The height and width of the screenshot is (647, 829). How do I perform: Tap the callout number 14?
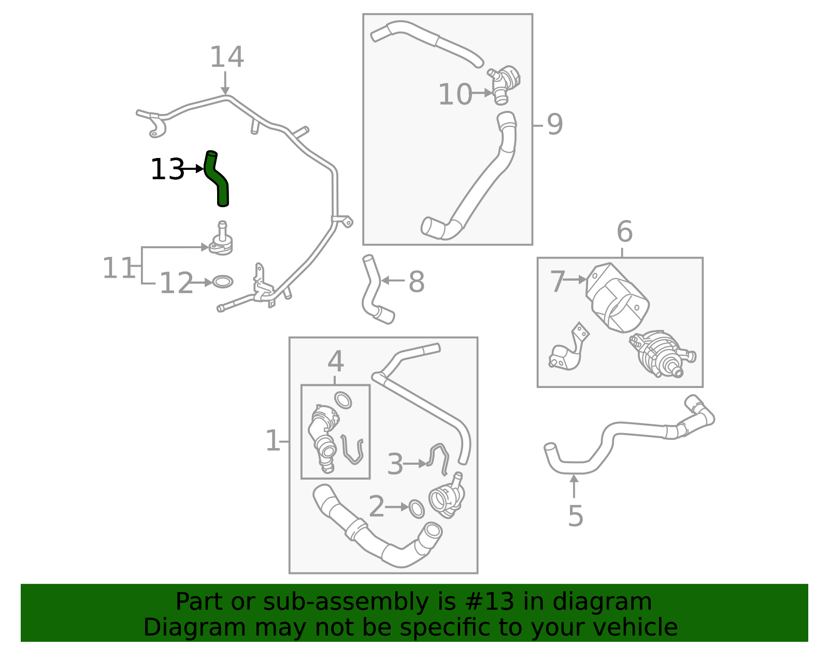(x=226, y=57)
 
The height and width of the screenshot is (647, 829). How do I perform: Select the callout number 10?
(x=455, y=95)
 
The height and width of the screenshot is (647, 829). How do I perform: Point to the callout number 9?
(x=554, y=124)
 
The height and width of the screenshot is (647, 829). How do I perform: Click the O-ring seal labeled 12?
(x=223, y=282)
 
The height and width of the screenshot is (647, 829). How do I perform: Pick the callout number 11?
(x=118, y=268)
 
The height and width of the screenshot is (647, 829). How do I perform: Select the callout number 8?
(x=416, y=282)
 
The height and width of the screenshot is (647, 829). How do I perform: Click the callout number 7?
(x=558, y=282)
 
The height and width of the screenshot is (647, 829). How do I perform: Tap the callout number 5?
(x=575, y=516)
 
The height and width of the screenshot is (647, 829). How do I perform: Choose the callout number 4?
(x=335, y=361)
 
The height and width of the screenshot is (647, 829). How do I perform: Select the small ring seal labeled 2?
(x=417, y=509)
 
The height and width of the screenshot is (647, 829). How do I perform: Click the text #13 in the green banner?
(x=490, y=602)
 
